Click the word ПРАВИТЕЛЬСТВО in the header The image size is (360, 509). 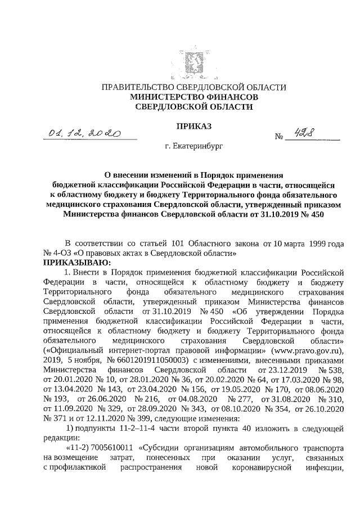136,87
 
